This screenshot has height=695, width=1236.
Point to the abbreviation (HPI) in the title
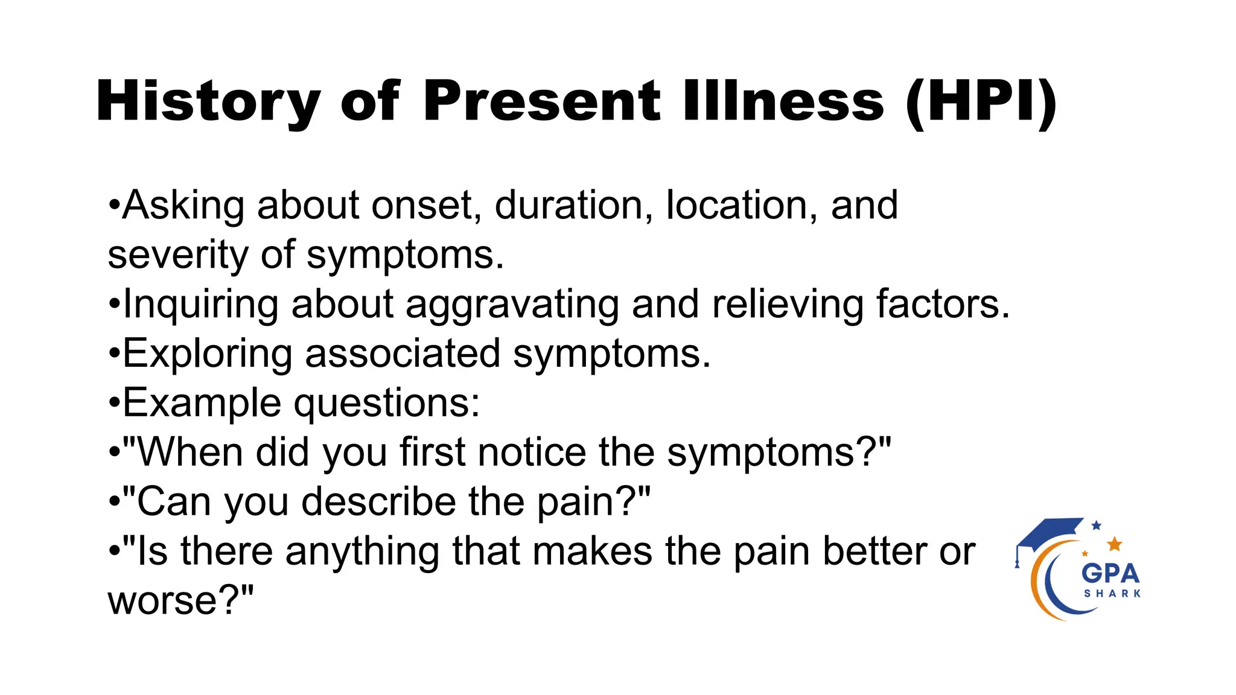(981, 101)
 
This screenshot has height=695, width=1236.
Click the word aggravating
(512, 305)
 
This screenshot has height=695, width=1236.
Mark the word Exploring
(208, 354)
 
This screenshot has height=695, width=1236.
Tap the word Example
(202, 404)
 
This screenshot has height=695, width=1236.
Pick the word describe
(378, 501)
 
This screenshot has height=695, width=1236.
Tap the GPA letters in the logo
(1110, 573)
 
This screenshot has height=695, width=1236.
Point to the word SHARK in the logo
(1112, 594)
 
